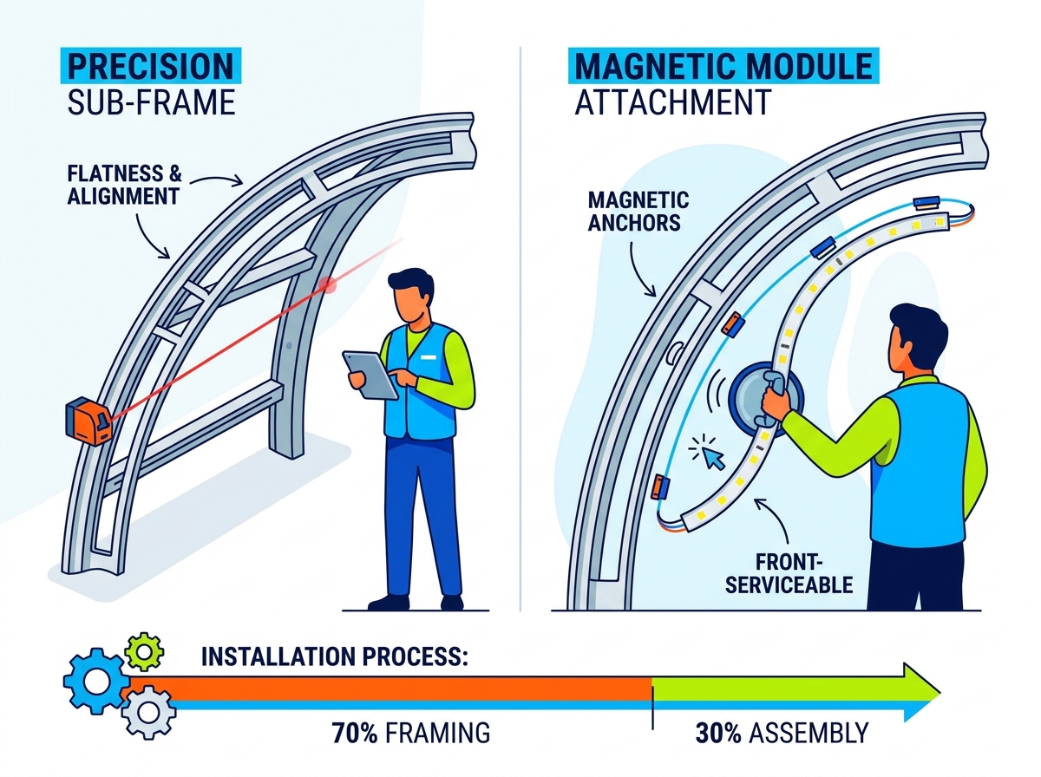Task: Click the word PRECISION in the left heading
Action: (151, 66)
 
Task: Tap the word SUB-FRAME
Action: (151, 102)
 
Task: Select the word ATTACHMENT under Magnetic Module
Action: (673, 102)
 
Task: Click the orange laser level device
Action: (88, 421)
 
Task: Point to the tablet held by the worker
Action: (370, 375)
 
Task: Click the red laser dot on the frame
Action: (327, 284)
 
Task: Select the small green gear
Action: (144, 652)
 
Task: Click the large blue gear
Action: (97, 681)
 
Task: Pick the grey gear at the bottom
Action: (148, 713)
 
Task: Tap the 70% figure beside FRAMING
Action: (355, 733)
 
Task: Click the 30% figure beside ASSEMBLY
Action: (718, 733)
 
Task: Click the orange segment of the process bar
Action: (390, 689)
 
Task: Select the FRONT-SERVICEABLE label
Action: (789, 573)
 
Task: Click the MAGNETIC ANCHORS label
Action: (638, 212)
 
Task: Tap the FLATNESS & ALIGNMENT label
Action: (124, 186)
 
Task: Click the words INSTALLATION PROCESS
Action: (334, 657)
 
